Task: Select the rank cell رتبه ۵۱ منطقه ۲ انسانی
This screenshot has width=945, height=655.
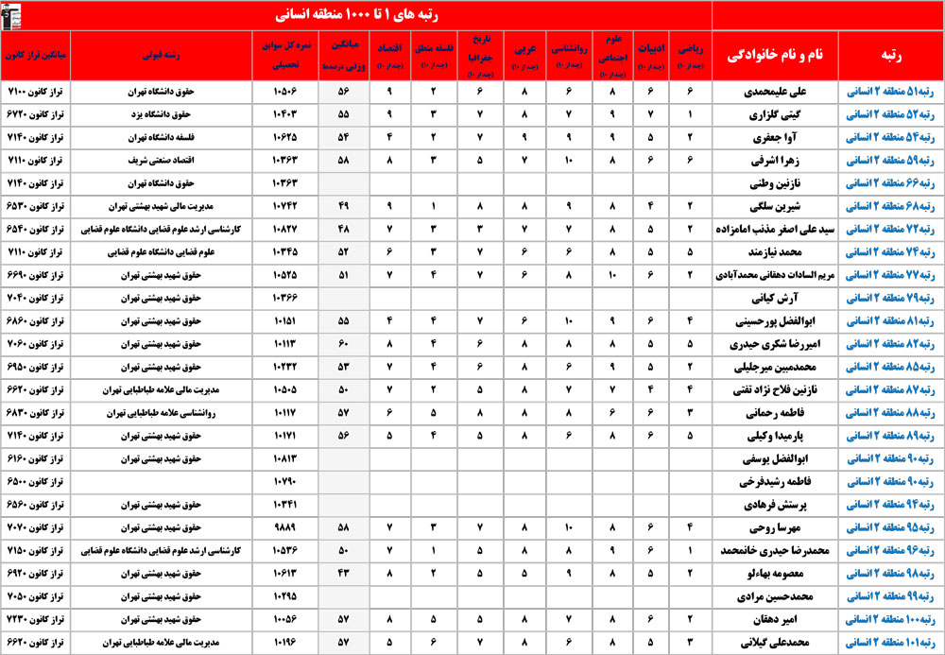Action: [890, 92]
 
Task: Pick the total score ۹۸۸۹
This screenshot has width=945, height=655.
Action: [285, 526]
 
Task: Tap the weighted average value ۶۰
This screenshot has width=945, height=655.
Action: [343, 342]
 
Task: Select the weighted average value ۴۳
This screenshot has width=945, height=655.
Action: [343, 571]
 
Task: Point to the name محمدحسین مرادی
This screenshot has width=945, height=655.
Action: [774, 595]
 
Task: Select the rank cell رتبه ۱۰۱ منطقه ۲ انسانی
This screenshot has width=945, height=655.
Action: [890, 640]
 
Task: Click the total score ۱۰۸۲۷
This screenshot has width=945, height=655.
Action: [285, 229]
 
